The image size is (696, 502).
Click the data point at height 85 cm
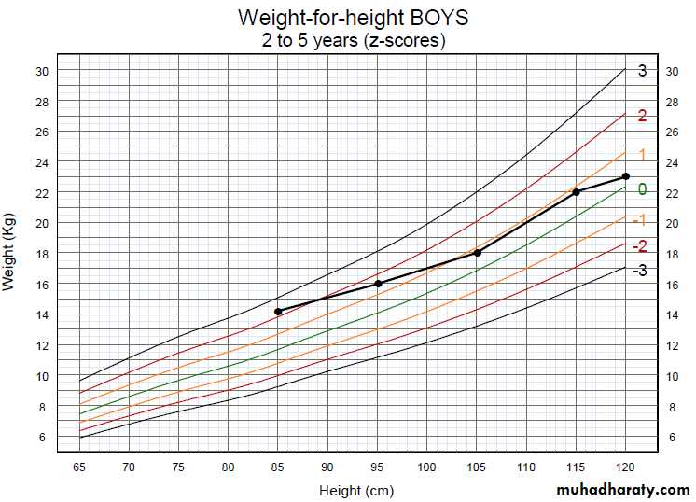click(278, 312)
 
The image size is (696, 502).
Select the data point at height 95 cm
click(378, 283)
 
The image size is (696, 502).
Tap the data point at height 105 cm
click(477, 252)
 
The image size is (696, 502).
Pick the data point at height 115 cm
click(577, 191)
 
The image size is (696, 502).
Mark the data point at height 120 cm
click(626, 176)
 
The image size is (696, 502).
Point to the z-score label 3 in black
click(642, 71)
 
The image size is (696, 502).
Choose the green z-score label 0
click(642, 189)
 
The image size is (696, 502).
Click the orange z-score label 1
click(642, 155)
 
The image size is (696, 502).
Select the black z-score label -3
click(639, 271)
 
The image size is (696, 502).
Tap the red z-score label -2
click(639, 246)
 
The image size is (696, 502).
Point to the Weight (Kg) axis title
click(10, 253)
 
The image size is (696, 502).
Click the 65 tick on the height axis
click(79, 466)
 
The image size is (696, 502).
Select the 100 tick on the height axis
click(426, 466)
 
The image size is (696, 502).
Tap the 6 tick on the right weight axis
click(672, 437)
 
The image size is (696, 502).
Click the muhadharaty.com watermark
click(622, 489)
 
